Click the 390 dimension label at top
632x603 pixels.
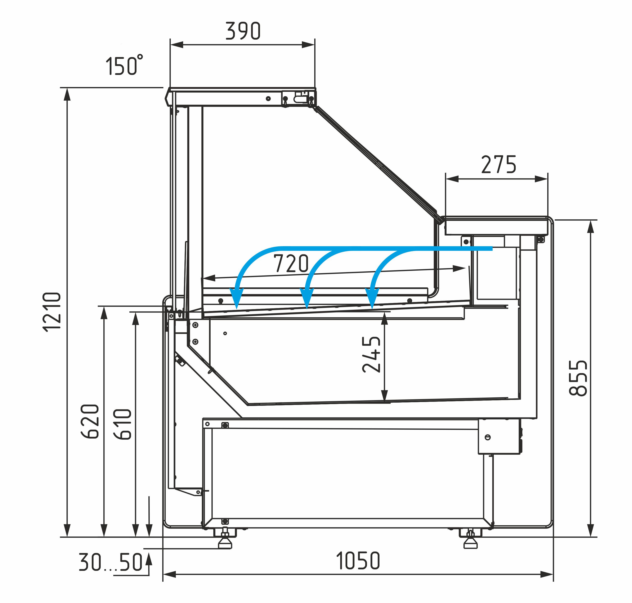243,31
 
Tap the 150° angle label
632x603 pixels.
124,66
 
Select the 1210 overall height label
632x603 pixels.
52,312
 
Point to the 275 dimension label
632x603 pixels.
498,165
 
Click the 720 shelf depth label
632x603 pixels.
291,264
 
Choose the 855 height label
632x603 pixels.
578,378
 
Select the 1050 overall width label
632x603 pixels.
358,561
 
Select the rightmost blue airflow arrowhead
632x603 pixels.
372,297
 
